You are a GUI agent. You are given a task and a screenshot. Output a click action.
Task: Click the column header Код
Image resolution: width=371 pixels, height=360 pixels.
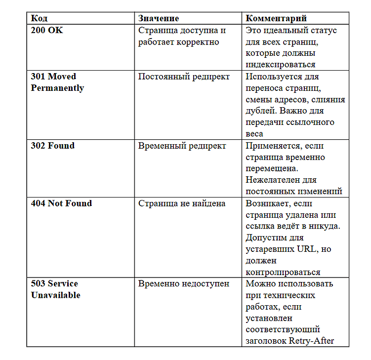click(x=40, y=18)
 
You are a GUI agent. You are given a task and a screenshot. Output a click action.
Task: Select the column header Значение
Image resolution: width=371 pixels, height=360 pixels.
click(x=159, y=18)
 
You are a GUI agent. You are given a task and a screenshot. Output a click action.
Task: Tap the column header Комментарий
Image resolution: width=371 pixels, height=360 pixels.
click(x=276, y=18)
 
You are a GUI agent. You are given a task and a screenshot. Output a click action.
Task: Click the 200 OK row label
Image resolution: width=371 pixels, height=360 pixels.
click(x=47, y=30)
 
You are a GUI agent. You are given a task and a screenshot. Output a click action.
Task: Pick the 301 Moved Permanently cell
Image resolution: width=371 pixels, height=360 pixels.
click(x=57, y=82)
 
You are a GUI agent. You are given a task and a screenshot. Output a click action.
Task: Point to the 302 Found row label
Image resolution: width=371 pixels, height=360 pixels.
click(x=53, y=146)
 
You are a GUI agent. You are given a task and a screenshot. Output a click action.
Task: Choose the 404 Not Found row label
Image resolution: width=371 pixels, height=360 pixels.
click(x=61, y=203)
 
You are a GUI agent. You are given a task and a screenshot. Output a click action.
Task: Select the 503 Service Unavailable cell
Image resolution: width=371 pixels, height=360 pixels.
click(x=55, y=289)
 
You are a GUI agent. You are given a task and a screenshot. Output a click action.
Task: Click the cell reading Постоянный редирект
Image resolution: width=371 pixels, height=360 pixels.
click(x=184, y=77)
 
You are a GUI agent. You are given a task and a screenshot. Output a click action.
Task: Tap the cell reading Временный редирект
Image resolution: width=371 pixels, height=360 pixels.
click(x=182, y=146)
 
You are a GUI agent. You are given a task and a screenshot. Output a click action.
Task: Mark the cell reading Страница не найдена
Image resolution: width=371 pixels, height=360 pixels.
click(x=182, y=203)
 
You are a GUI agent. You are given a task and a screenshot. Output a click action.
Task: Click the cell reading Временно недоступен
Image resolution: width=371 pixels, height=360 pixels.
click(x=184, y=284)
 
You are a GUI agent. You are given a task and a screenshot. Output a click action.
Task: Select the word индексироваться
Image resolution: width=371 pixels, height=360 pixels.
click(x=280, y=65)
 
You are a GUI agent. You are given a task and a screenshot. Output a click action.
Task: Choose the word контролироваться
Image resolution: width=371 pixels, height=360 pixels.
click(x=283, y=272)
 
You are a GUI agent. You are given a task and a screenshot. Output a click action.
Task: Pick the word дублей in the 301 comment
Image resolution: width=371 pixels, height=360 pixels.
click(x=258, y=111)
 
